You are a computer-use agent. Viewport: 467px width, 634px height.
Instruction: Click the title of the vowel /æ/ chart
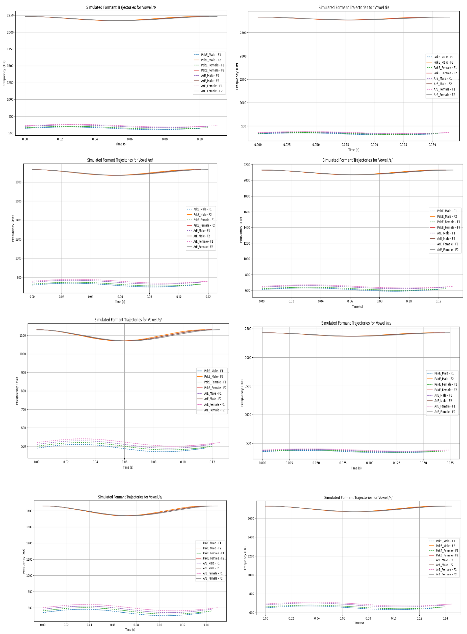click(x=120, y=160)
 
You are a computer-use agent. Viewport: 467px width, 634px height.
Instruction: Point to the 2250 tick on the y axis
click(x=10, y=15)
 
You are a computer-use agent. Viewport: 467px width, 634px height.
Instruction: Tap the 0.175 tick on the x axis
click(x=450, y=463)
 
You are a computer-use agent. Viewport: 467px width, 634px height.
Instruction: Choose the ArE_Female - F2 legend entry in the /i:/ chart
click(x=444, y=95)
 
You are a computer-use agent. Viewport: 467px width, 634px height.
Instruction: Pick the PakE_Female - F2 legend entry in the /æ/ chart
click(x=204, y=225)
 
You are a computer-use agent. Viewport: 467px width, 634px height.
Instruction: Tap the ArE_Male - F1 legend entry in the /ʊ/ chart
click(x=213, y=393)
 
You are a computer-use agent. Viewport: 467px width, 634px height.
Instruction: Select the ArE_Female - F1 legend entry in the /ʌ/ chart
click(x=446, y=570)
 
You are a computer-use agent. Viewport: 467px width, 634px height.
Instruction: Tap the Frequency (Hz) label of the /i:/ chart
click(x=237, y=76)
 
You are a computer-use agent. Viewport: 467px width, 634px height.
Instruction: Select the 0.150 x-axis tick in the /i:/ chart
click(x=432, y=145)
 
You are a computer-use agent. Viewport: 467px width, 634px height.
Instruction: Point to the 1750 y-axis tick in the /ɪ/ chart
click(x=10, y=49)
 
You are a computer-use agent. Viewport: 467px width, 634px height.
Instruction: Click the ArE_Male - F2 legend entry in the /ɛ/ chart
click(x=446, y=238)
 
